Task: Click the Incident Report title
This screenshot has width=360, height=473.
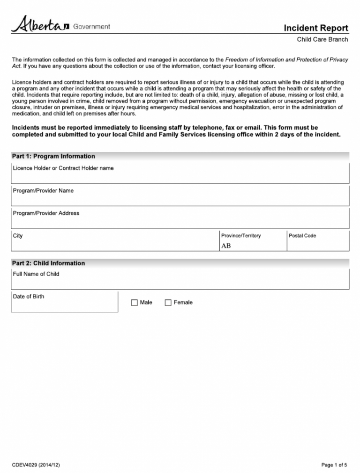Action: click(315, 28)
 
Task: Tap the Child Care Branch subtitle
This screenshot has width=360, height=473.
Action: click(322, 39)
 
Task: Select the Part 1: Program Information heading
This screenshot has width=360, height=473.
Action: click(53, 156)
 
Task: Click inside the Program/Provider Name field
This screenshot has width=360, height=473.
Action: click(180, 199)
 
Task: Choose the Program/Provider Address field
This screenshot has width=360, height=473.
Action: click(180, 221)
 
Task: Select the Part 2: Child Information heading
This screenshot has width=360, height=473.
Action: click(49, 263)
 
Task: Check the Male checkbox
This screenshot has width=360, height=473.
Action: click(135, 303)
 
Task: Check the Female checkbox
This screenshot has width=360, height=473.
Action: click(168, 303)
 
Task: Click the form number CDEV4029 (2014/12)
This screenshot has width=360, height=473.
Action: click(36, 465)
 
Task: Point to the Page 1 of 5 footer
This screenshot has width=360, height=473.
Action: click(334, 465)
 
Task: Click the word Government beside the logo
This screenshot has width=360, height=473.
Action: click(92, 26)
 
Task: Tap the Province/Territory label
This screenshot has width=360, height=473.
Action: click(241, 236)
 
